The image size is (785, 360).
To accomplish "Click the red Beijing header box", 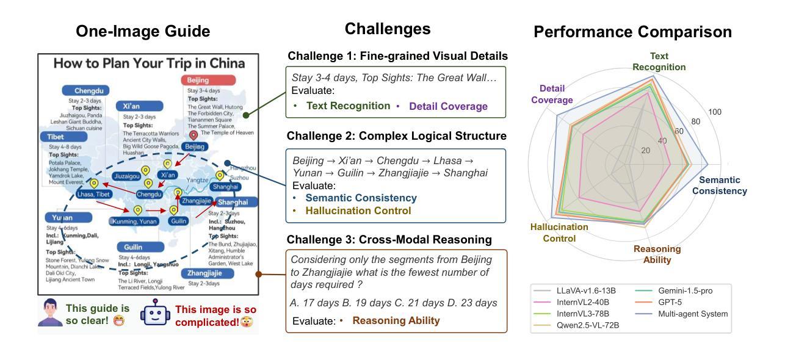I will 208,81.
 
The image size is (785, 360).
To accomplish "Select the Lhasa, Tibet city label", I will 94,194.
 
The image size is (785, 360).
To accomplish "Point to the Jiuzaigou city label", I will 127,176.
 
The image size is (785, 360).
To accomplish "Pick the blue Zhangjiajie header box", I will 209,273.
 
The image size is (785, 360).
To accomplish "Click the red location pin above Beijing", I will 194,135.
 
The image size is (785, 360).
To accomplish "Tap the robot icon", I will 153,313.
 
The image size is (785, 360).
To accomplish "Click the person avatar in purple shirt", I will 50,312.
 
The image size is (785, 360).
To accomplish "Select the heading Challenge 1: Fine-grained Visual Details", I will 397,56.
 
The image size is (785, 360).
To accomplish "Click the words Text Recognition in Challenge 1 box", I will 348,106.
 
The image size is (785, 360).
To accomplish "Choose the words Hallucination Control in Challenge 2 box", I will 358,211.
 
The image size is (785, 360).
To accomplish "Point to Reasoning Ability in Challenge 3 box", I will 396,320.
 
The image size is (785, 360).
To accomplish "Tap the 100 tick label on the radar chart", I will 714,112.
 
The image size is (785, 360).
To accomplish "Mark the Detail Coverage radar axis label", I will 552,94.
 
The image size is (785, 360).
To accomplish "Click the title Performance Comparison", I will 632,32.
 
